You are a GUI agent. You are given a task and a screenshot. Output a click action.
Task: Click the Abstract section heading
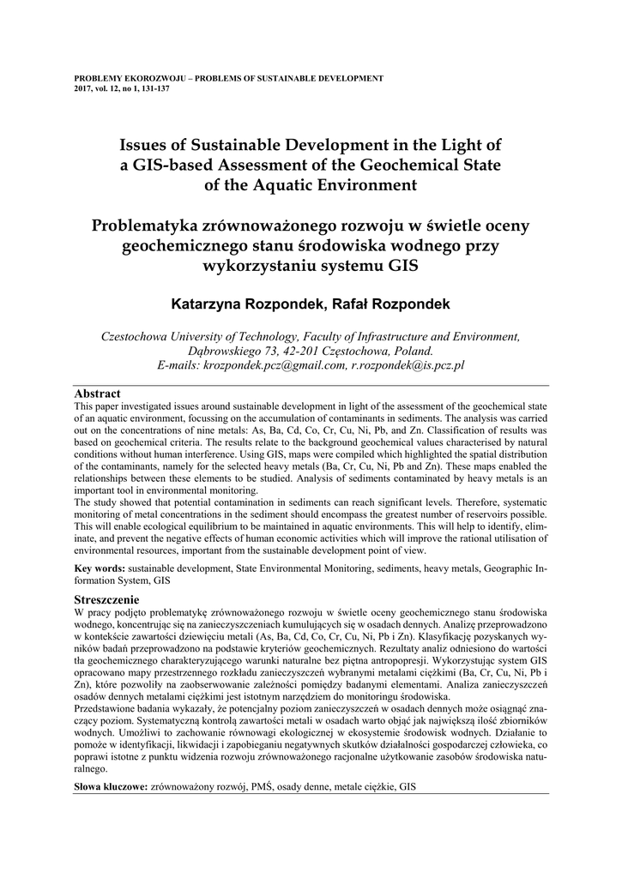(x=98, y=394)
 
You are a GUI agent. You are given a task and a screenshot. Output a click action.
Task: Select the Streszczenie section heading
(x=107, y=600)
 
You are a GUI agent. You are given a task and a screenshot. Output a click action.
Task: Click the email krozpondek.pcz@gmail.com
(x=275, y=364)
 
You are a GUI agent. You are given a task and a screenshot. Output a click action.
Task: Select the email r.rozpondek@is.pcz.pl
(x=408, y=364)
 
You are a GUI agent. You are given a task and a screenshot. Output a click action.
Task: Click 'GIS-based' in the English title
(x=172, y=164)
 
